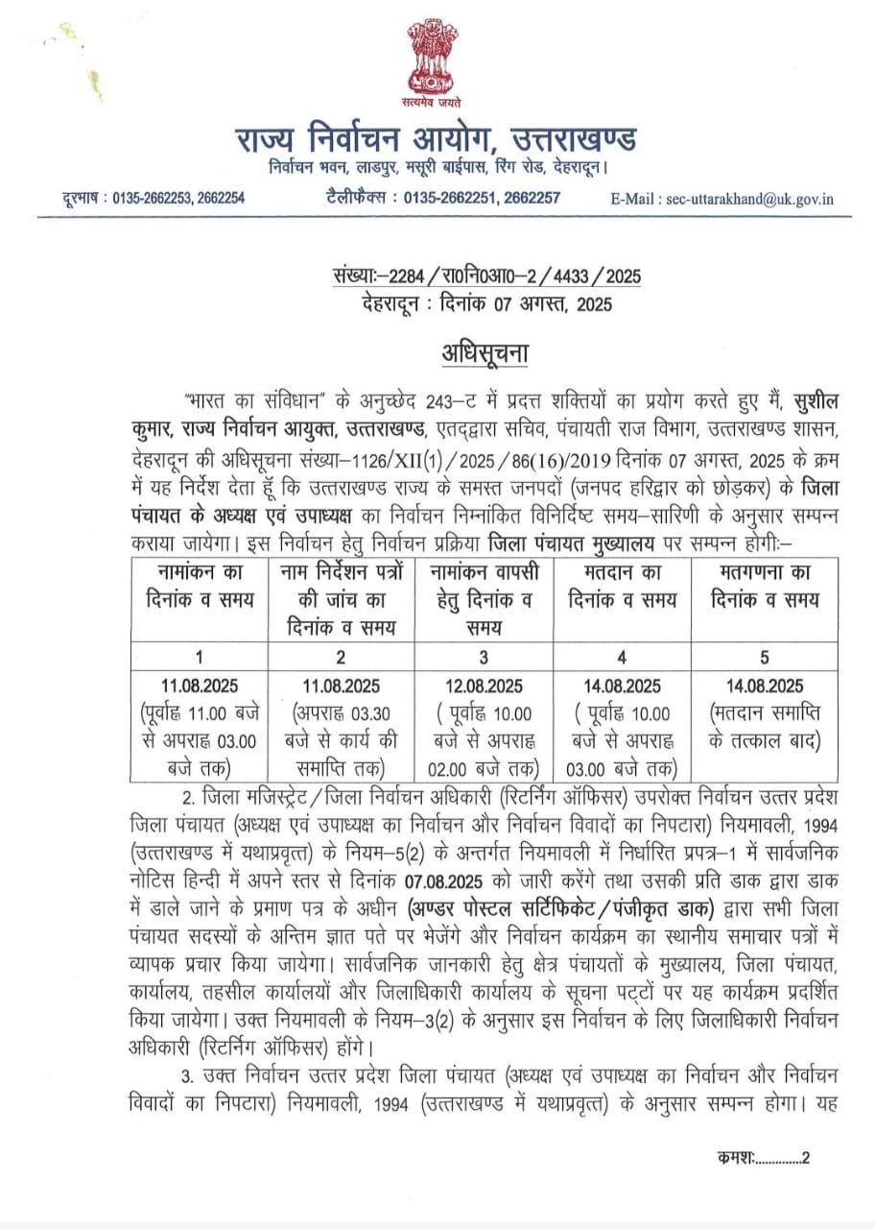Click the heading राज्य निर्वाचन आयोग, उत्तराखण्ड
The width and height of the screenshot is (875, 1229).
click(x=437, y=139)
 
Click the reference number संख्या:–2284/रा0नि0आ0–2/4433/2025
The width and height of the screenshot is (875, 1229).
click(x=483, y=277)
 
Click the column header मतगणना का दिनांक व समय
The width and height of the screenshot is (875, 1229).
click(x=765, y=587)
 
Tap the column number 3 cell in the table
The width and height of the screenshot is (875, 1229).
click(x=484, y=658)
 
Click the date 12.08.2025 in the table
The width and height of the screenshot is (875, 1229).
click(x=484, y=686)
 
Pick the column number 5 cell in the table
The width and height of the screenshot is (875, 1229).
click(x=765, y=658)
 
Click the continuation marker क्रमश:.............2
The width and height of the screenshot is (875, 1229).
click(x=763, y=1157)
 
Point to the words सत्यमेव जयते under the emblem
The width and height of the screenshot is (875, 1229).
click(x=437, y=100)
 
